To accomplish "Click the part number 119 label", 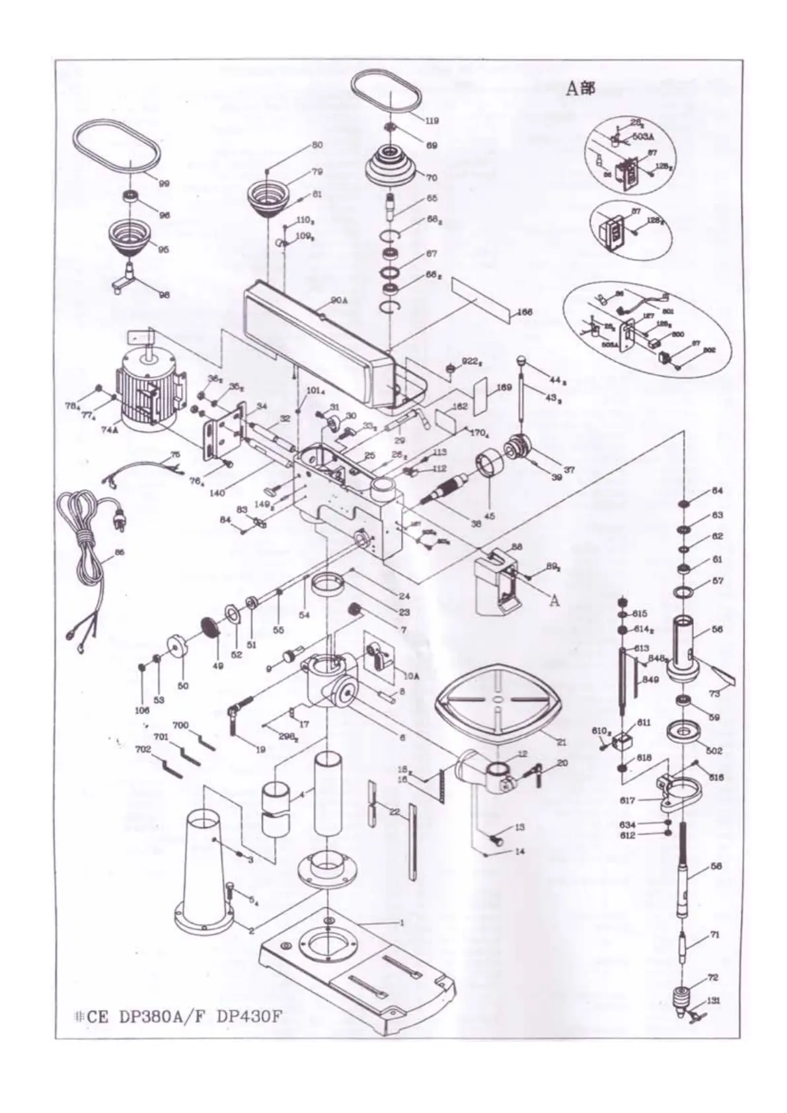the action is point(432,121).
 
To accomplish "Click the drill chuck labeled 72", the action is point(682,995).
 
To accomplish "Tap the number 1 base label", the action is point(402,921).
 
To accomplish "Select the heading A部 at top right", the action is point(580,89).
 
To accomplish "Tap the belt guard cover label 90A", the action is point(339,300).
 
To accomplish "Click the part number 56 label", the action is point(718,629).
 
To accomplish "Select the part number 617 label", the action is point(628,800).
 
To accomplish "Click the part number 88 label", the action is point(517,547).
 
